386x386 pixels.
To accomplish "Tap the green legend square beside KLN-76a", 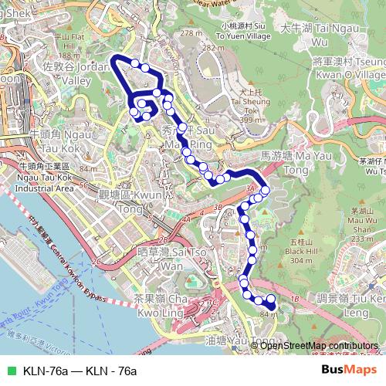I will (10, 371).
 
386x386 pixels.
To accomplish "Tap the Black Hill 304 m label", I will (297, 250).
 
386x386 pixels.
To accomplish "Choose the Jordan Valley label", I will (68, 73).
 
